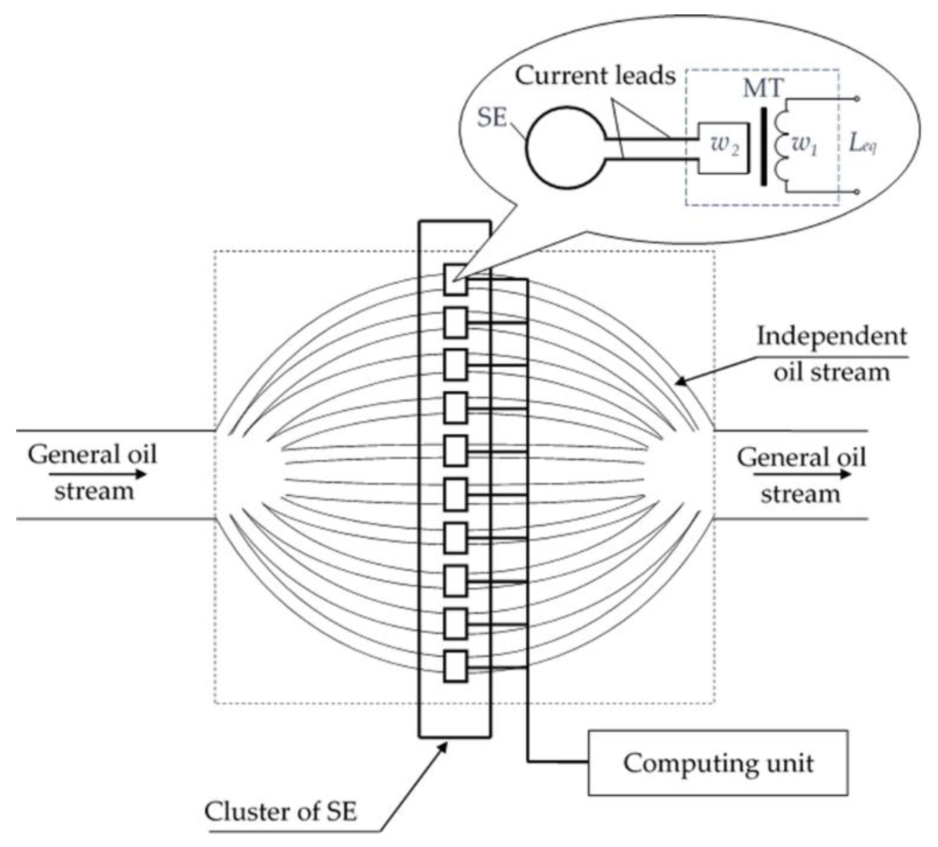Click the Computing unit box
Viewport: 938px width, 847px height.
(x=717, y=763)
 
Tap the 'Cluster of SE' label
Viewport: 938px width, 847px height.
(x=280, y=812)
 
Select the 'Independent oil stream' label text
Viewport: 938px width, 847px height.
(x=831, y=354)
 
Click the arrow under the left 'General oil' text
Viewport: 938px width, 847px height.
(x=98, y=475)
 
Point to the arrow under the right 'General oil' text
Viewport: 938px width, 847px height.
(x=802, y=475)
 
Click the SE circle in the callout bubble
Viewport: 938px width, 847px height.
(x=567, y=147)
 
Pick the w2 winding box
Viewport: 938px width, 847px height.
(x=724, y=148)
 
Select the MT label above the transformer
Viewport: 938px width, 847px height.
(x=763, y=88)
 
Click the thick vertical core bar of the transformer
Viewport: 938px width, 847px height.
(x=763, y=147)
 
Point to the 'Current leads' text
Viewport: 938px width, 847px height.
(x=595, y=75)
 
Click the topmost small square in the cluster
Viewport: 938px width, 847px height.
(x=455, y=280)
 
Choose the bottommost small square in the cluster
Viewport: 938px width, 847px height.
(x=455, y=666)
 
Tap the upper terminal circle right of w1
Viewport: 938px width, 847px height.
(x=856, y=99)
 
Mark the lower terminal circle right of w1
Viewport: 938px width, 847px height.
(x=856, y=191)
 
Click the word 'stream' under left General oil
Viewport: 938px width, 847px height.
(x=94, y=492)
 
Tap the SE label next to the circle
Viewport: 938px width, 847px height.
(x=492, y=117)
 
